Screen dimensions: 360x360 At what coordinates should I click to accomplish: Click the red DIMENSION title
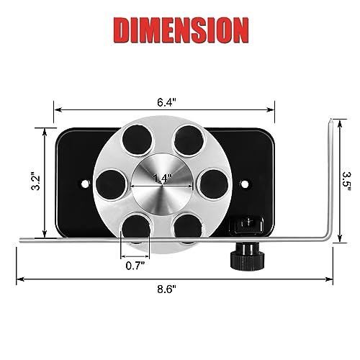[x=180, y=31]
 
